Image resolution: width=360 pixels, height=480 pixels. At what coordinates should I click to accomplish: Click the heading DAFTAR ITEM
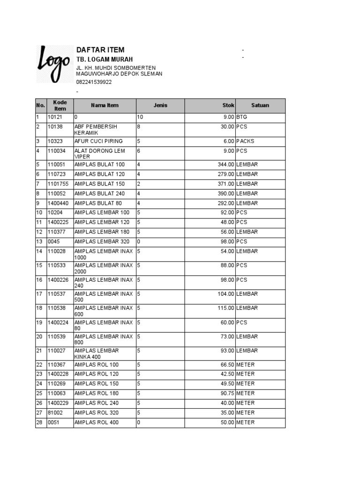click(100, 50)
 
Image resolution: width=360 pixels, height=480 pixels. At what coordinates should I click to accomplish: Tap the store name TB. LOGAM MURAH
click(105, 60)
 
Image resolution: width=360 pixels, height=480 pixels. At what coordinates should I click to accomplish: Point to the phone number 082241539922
click(94, 82)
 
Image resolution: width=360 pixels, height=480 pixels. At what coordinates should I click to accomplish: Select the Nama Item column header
click(105, 105)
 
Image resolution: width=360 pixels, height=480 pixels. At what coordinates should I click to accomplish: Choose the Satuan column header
click(260, 105)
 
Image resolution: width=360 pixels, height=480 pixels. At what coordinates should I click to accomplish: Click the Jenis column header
click(160, 105)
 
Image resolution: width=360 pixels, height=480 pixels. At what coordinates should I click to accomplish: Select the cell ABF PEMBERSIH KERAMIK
click(96, 130)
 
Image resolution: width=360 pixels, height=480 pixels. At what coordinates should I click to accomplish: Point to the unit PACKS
click(245, 141)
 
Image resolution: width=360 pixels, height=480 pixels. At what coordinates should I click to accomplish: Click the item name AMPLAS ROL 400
click(97, 422)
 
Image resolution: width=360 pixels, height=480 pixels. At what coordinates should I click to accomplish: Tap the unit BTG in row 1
click(241, 117)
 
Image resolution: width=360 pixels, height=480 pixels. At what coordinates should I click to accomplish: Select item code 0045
click(53, 241)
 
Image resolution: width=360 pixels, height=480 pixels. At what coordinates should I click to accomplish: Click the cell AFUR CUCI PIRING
click(98, 141)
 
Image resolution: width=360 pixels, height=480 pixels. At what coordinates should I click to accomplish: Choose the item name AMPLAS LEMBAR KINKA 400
click(97, 354)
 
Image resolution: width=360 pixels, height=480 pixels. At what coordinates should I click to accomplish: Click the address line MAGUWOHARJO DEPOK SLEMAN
click(119, 74)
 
